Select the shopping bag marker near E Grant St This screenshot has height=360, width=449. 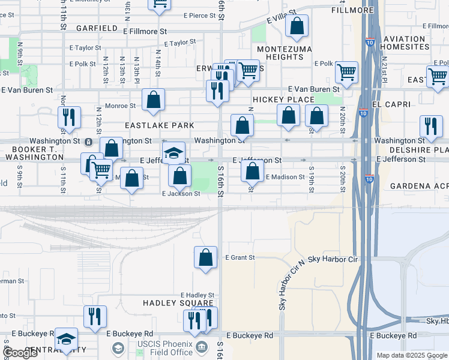tap(205, 257)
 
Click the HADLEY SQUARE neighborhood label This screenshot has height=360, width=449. tap(178, 304)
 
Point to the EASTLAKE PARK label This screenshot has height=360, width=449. tap(159, 125)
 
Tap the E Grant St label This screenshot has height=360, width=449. tap(240, 257)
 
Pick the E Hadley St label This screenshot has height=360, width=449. tap(197, 295)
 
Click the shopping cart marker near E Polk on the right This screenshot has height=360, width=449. tap(346, 73)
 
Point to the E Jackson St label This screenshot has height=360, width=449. tap(181, 194)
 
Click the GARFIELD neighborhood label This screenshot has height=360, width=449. tap(97, 28)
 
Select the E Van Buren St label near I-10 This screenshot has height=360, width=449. tap(315, 89)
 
